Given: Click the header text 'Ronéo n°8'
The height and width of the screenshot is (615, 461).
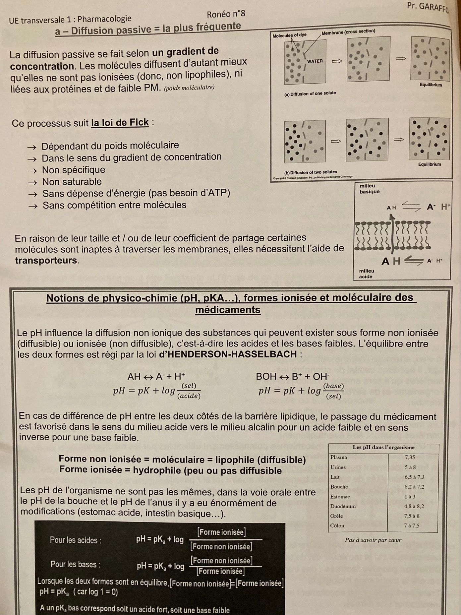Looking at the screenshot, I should [226, 14].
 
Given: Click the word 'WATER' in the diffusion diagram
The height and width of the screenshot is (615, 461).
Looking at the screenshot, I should [315, 61].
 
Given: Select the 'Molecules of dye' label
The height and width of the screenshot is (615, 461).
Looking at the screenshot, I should [289, 35].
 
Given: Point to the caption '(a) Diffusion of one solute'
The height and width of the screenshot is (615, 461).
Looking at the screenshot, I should [310, 94].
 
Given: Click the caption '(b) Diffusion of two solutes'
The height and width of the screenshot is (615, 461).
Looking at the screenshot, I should [311, 172].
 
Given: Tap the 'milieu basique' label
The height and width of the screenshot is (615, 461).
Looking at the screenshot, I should [369, 189].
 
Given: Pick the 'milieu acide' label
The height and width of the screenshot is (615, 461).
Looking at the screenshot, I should [366, 274].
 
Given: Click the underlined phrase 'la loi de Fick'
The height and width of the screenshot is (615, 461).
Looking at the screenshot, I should [120, 123].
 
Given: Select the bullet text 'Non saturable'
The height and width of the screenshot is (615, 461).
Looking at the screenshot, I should [72, 182].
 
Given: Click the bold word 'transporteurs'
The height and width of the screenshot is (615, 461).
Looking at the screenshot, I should [46, 260].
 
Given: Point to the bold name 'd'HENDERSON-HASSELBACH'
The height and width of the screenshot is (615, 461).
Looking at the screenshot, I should [228, 354].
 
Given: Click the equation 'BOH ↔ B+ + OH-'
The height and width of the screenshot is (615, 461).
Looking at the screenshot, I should [292, 376].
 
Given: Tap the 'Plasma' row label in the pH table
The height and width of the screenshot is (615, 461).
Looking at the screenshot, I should [339, 457].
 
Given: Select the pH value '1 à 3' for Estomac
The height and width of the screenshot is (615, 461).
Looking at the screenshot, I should [410, 496].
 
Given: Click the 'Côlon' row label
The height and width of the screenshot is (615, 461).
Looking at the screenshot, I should [337, 525].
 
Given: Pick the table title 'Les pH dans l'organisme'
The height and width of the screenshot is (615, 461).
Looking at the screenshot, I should [383, 447].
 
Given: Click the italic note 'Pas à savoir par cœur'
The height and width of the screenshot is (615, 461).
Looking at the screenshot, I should [373, 540].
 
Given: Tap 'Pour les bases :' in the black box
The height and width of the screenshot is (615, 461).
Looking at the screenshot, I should [76, 564].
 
